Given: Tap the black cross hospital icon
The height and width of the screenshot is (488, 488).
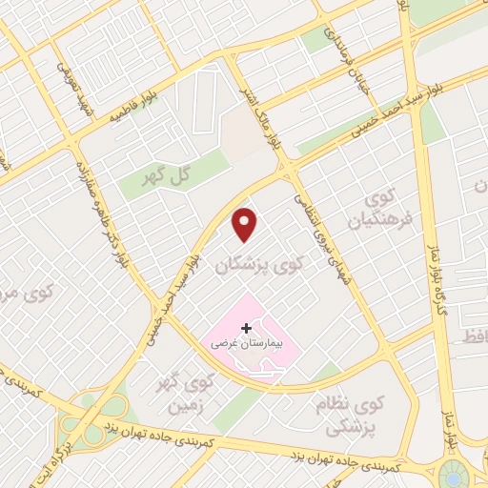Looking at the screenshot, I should pos(247,328).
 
